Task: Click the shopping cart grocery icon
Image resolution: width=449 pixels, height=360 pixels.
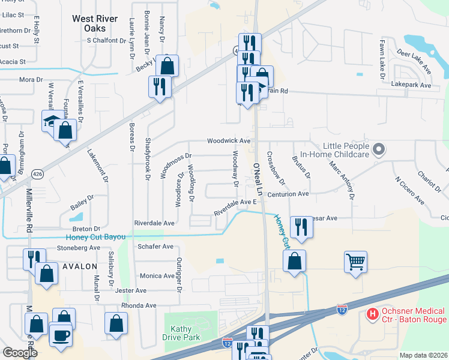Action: click(x=355, y=261)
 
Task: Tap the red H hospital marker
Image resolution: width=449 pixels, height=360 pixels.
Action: click(x=372, y=314)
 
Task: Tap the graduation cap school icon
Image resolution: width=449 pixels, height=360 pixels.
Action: click(x=52, y=121)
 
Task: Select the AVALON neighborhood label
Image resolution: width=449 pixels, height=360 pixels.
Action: click(x=79, y=266)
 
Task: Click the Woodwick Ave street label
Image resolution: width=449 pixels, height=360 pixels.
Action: click(x=229, y=140)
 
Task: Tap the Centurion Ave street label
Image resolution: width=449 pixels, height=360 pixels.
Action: click(x=288, y=194)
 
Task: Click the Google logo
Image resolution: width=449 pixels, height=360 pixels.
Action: click(x=20, y=353)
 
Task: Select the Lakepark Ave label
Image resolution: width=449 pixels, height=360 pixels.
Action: click(x=411, y=86)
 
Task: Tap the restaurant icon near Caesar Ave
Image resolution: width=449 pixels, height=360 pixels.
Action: click(x=301, y=227)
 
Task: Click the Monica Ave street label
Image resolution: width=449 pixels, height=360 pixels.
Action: click(x=157, y=275)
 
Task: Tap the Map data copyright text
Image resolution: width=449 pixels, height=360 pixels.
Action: click(x=423, y=355)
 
